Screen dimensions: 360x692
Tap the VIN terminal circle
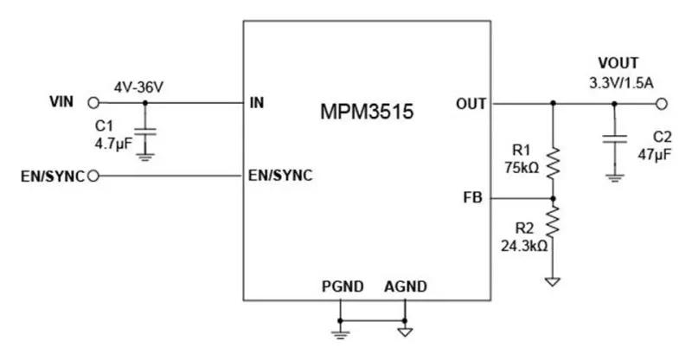coord(93,103)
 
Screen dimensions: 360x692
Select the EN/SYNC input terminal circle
coord(93,177)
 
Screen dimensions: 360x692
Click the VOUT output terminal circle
coord(662,103)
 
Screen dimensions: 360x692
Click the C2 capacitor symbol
coord(615,138)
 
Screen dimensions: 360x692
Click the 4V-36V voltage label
coord(139,87)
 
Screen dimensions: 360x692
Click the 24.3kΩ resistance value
coord(524,245)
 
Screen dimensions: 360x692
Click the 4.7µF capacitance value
coord(113,141)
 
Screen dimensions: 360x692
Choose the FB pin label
coord(473,198)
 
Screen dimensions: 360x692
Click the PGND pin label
coord(343,286)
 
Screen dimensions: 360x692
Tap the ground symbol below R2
coord(554,281)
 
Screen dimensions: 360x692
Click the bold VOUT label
coord(618,63)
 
